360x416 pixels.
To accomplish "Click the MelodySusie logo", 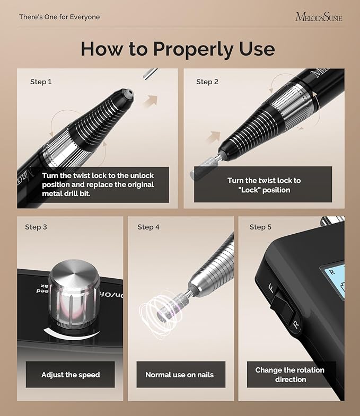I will pos(318,17).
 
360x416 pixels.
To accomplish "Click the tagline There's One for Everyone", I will pos(59,17).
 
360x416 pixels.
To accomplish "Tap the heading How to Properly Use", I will pos(178,49).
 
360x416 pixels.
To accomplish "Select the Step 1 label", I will pos(41,82).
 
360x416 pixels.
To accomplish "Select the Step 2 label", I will pos(207,82).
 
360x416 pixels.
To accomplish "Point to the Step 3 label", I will pos(36,227).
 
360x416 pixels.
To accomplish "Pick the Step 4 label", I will pos(148,227).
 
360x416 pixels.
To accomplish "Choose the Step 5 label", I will pos(260,227).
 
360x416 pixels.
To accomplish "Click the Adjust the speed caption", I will pos(71,375).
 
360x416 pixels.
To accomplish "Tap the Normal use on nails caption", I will pos(179,375).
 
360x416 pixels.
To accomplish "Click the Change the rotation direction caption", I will pos(289,375).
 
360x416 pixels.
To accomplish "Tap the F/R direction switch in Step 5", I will pos(281,307).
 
